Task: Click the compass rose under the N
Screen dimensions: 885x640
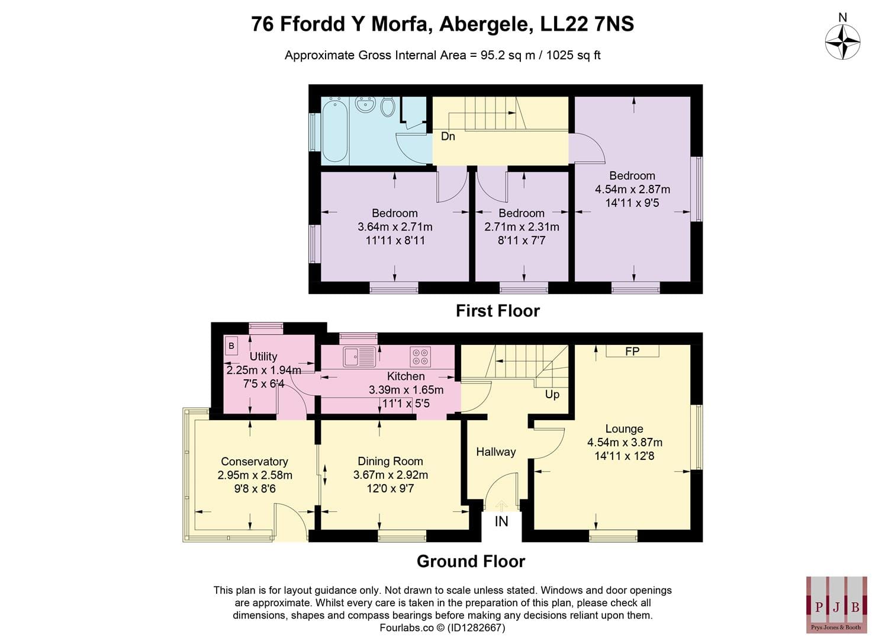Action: tap(842, 42)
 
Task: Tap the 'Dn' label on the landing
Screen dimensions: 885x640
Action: tap(448, 136)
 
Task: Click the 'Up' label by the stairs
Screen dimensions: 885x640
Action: tap(552, 394)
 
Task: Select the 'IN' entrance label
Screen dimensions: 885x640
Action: tap(501, 521)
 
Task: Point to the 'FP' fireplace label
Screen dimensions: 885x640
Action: tap(632, 351)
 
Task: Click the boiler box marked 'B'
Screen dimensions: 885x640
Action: tap(231, 345)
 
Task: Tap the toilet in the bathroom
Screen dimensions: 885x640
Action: tap(388, 107)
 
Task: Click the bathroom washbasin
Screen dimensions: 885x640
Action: tap(365, 105)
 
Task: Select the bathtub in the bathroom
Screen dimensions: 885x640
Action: tap(335, 129)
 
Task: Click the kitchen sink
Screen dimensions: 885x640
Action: tap(359, 356)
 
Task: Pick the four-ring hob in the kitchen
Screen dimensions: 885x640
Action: tap(420, 357)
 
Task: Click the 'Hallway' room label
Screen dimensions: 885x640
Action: tap(496, 452)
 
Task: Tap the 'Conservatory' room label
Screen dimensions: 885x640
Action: tap(255, 461)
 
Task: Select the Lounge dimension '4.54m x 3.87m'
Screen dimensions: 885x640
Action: tap(625, 442)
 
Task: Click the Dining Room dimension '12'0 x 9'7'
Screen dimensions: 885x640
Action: tap(390, 488)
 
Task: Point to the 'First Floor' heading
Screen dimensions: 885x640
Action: tap(498, 311)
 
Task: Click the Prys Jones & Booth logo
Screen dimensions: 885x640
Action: tap(836, 605)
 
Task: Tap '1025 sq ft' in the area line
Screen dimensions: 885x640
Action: tap(573, 55)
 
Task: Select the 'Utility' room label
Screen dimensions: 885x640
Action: tap(263, 356)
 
